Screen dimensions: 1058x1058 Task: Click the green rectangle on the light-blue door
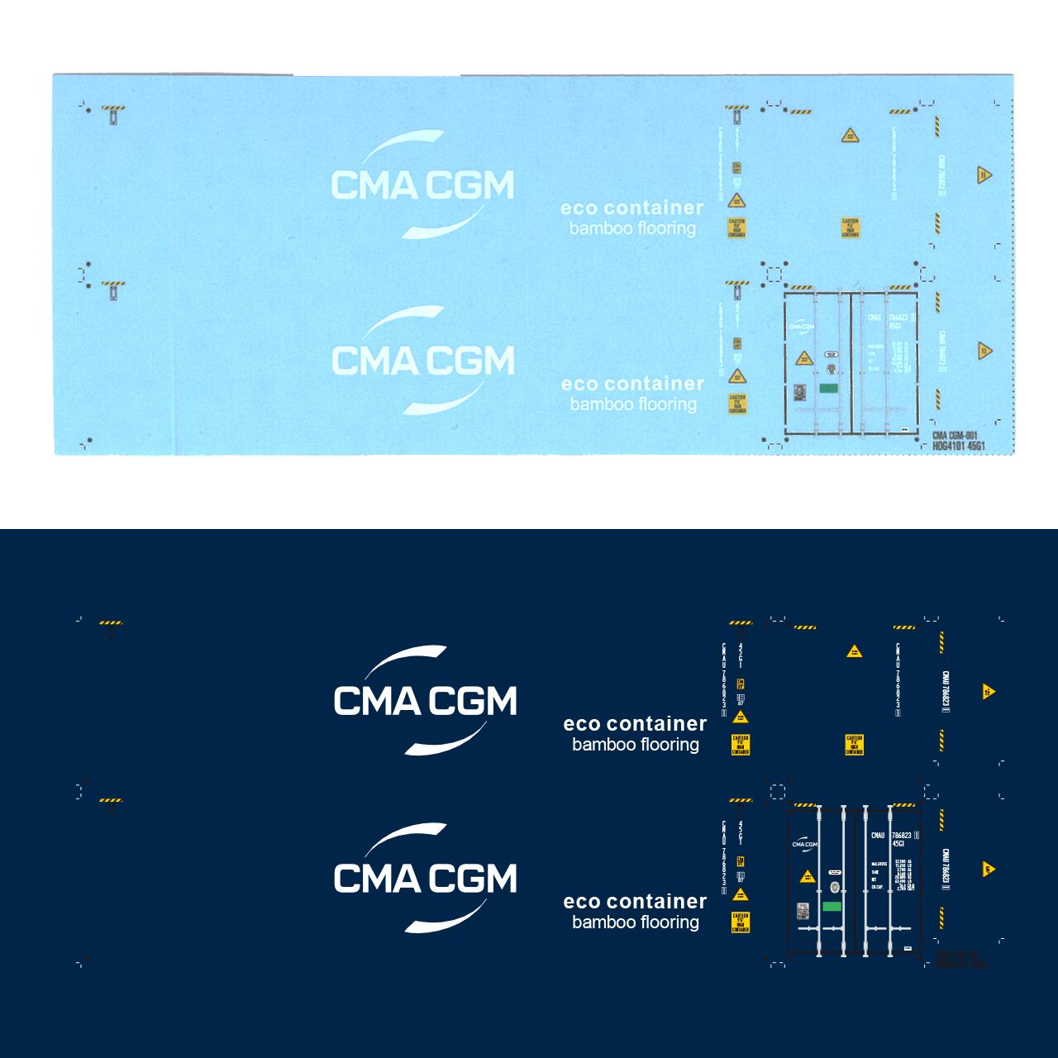coord(828,388)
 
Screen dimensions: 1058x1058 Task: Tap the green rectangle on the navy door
coord(832,907)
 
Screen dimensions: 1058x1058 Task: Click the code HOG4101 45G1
coord(960,446)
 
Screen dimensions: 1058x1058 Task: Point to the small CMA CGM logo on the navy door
coord(804,844)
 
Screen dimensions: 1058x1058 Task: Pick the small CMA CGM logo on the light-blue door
coord(801,326)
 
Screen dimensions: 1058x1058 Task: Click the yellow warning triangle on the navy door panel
coord(806,877)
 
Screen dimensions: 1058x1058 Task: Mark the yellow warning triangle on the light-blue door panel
coord(803,358)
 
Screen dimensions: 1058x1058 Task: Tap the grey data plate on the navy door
coord(803,911)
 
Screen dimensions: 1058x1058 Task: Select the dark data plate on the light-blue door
coord(799,393)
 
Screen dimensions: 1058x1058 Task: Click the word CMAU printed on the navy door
coord(877,836)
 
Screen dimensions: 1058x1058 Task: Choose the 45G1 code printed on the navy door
coord(898,844)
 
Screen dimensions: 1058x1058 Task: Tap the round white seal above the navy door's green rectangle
coord(834,887)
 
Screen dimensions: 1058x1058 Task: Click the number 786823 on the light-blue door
coord(898,317)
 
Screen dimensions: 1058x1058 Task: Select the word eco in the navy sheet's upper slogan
coord(581,724)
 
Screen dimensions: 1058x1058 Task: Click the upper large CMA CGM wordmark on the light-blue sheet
coord(422,184)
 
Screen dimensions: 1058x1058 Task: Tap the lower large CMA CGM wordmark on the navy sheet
coord(425,878)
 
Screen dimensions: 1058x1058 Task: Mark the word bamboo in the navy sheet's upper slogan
coord(603,745)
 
